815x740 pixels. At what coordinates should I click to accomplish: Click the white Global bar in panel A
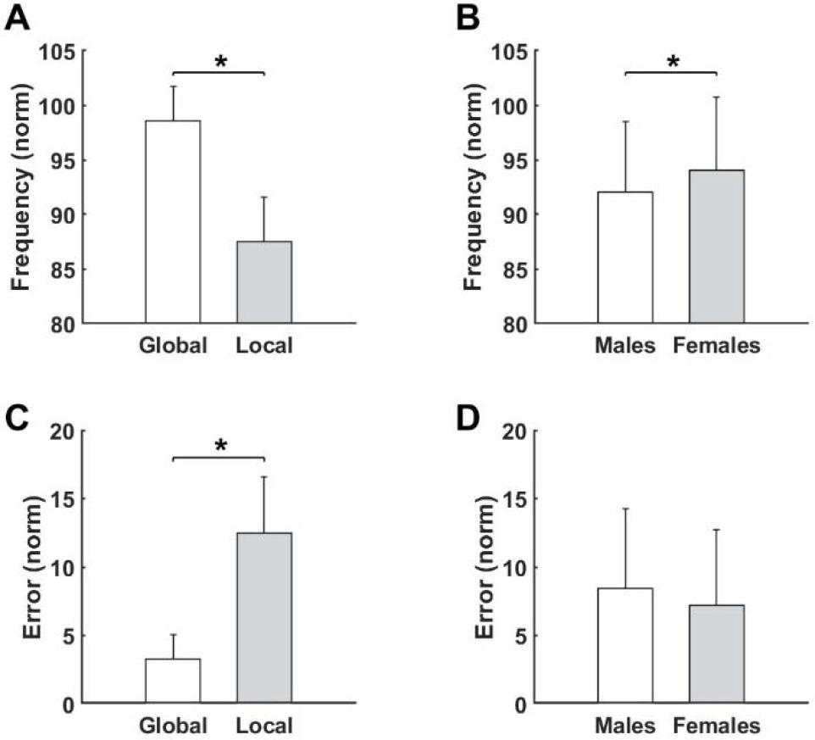click(x=173, y=222)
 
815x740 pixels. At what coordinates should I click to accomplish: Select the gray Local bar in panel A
click(x=264, y=282)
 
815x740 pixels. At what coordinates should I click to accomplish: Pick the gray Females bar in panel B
click(x=717, y=247)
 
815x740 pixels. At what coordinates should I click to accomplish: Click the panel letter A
click(x=17, y=18)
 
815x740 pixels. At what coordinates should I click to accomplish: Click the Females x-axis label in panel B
click(x=718, y=346)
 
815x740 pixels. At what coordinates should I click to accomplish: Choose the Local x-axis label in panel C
click(x=264, y=726)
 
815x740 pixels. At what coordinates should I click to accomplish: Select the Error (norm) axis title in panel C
click(x=24, y=566)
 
